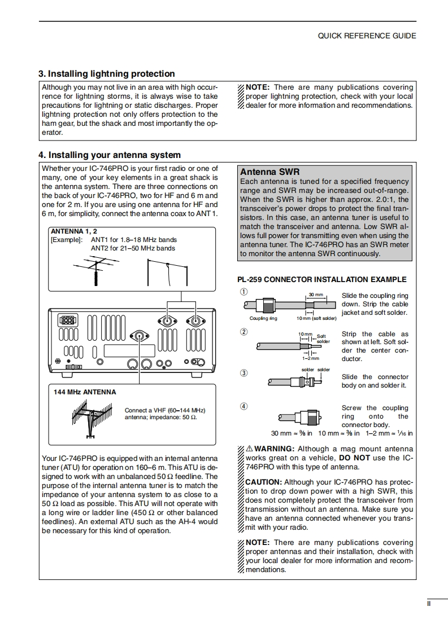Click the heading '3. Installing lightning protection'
(x=106, y=74)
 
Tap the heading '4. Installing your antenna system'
(x=109, y=155)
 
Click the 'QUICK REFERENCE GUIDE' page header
(x=367, y=36)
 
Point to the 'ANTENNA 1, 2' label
(x=74, y=231)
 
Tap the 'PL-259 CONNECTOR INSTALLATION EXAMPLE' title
(x=321, y=279)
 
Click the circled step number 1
(x=243, y=292)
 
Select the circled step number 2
(x=243, y=331)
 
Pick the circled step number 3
(x=243, y=372)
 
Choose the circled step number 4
(x=243, y=406)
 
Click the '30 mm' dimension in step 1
(x=315, y=295)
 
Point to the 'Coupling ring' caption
(x=263, y=318)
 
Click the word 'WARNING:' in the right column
(x=273, y=449)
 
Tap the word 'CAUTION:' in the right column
(x=263, y=482)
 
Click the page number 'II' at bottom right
(x=429, y=604)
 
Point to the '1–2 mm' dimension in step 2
(x=310, y=358)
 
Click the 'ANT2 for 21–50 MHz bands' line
(x=133, y=248)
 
